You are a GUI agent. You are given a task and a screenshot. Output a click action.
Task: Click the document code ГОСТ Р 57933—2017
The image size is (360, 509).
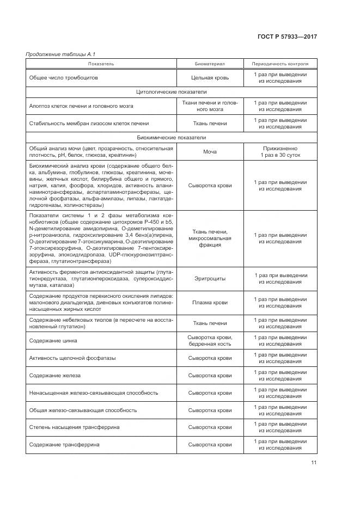click(287, 36)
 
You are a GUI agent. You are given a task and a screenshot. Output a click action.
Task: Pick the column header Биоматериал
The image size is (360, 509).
click(210, 64)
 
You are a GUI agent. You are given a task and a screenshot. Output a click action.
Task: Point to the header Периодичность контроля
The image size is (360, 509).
click(280, 64)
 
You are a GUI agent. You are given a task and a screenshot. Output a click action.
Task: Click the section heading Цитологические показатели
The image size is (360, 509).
click(171, 92)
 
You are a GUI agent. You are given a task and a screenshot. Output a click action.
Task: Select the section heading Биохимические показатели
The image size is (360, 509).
click(171, 138)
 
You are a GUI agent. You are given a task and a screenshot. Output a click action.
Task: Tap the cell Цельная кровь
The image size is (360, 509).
click(210, 78)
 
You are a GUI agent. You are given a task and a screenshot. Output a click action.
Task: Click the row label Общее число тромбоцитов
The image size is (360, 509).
click(64, 78)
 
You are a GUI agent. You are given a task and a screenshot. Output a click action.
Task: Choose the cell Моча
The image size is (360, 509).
click(210, 152)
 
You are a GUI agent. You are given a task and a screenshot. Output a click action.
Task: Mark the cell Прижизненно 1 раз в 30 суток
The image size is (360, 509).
click(280, 152)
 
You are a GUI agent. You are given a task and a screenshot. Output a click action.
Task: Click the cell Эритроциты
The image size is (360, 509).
click(210, 279)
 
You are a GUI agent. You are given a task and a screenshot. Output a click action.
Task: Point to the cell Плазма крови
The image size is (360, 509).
click(210, 302)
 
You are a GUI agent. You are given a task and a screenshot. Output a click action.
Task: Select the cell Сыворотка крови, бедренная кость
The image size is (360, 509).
click(210, 341)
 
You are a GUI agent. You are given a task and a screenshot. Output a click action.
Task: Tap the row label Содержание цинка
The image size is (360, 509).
click(53, 341)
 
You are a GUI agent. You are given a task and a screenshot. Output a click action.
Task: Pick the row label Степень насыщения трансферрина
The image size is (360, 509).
click(74, 427)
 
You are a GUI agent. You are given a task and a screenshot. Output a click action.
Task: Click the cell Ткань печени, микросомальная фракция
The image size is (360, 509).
click(210, 238)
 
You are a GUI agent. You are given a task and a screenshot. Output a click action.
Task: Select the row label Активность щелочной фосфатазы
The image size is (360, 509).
click(72, 358)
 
